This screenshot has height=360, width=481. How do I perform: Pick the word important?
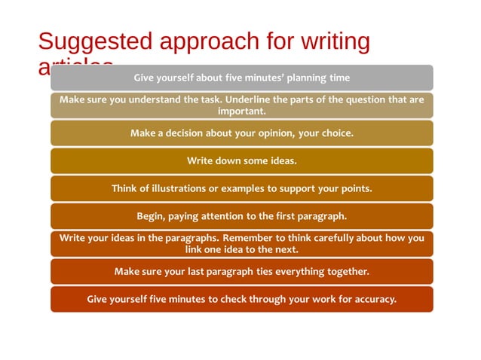click(x=241, y=111)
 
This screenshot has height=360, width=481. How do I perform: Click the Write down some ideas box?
click(x=241, y=160)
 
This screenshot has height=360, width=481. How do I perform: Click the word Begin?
click(x=150, y=216)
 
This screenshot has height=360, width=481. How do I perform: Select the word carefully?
click(x=342, y=238)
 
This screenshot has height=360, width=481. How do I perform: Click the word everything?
click(x=299, y=271)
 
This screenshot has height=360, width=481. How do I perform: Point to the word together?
click(x=348, y=271)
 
